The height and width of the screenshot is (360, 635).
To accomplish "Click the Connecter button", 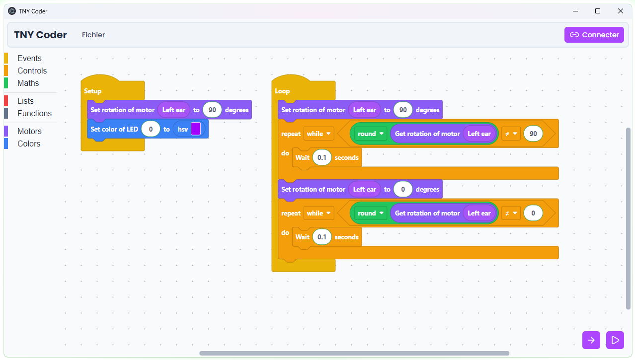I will [594, 35].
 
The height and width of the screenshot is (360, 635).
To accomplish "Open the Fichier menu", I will [93, 35].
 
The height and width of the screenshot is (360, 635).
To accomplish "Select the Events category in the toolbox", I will [29, 58].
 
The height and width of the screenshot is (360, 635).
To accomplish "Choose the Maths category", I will [28, 83].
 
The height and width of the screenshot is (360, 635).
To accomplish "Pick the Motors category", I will [29, 131].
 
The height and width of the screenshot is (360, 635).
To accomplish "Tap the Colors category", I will [29, 144].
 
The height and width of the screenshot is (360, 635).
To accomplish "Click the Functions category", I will [34, 113].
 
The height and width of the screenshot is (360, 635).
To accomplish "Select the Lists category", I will [25, 101].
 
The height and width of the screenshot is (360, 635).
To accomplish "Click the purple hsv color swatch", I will [196, 129].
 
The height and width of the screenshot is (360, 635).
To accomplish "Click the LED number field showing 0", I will [151, 129].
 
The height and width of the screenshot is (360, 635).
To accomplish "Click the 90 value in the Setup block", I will [212, 110].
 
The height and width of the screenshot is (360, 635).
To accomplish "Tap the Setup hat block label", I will [93, 91].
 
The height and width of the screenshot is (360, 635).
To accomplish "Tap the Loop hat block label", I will [282, 91].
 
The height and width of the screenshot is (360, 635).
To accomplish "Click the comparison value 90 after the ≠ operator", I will [533, 134].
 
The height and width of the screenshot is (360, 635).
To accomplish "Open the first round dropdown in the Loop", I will [371, 134].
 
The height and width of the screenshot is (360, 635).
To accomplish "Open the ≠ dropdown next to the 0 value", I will [511, 213].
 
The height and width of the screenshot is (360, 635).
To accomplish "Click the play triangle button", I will [615, 340].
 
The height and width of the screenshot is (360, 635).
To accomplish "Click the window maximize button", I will [598, 11].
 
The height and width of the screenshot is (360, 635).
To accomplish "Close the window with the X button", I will [621, 11].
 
